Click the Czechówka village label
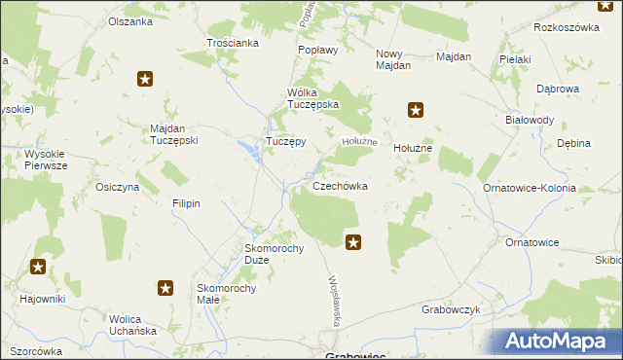pos(340,186)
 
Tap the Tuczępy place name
pos(286,141)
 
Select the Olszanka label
pos(130,21)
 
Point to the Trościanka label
pos(233,43)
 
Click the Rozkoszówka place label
pos(564,27)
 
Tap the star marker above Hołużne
pos(416,110)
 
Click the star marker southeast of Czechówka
pos(353,241)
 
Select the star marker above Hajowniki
pos(38,267)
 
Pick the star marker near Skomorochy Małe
pos(165,287)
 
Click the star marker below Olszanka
pos(145,80)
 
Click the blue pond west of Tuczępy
pos(247,147)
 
